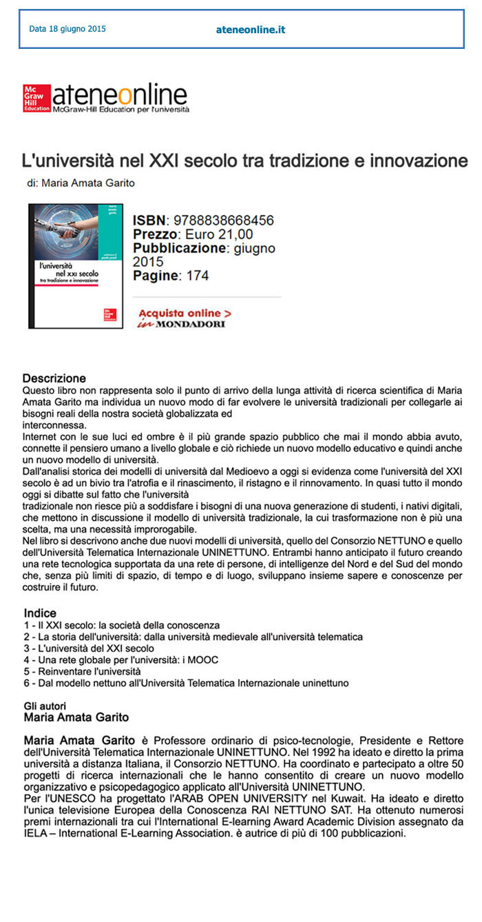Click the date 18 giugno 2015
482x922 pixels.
coord(67,29)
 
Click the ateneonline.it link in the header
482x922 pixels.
coord(251,30)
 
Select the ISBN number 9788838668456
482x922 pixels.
coord(224,221)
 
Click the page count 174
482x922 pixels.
coord(196,276)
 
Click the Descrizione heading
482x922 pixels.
coord(54,378)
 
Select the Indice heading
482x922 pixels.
coord(40,613)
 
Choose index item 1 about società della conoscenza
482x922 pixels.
coord(121,625)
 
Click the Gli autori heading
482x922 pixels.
coord(45,707)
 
